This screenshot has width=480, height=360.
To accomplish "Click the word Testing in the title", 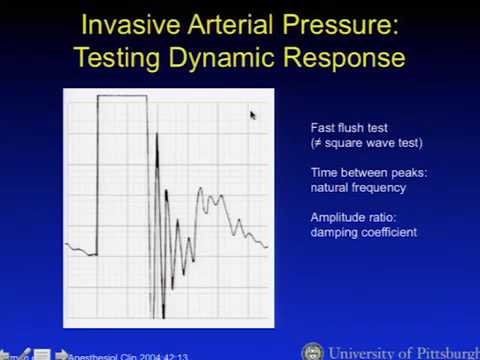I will (x=120, y=57).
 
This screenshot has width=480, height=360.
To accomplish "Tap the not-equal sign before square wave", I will (x=317, y=143).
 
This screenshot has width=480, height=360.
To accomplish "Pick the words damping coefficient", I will (x=363, y=232).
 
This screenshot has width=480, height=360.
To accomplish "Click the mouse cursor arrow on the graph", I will (x=252, y=115).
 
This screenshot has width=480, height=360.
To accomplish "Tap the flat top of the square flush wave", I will (x=122, y=96).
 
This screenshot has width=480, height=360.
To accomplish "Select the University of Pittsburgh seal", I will (x=312, y=352).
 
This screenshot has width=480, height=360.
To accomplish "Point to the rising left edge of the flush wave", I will (x=97, y=175).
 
